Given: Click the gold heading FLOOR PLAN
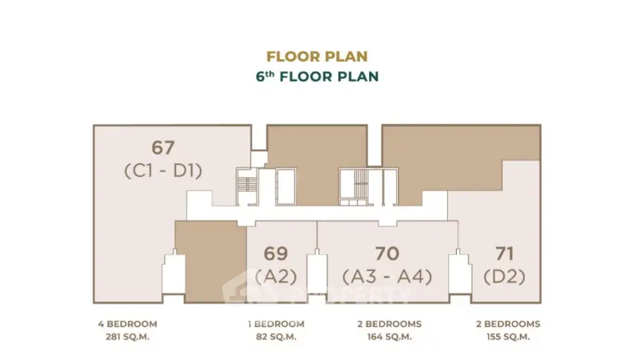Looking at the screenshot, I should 317,56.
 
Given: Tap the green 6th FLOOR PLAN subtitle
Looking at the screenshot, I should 317,76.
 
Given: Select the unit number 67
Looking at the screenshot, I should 163,148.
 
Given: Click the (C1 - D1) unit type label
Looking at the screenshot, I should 163,170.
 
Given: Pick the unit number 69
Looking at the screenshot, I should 276,253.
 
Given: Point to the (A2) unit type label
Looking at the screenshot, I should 276,276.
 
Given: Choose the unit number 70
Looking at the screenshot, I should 387,253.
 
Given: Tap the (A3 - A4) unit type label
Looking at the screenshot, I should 387,276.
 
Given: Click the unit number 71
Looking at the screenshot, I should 505,253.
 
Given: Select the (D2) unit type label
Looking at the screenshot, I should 505,276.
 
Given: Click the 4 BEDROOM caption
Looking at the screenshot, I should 127,324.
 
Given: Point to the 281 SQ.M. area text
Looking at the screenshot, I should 127,337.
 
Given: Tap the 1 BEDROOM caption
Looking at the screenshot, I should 275,324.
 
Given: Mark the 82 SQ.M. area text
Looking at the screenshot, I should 275,337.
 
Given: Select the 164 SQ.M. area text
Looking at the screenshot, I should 387,337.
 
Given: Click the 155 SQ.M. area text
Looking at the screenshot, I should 505,337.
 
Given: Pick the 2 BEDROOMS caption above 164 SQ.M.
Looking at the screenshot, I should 387,324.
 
